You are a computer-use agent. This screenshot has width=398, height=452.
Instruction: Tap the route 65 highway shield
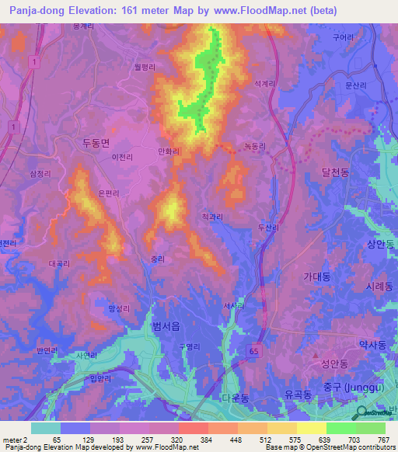253,352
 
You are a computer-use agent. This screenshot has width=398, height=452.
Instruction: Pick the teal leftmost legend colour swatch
45,428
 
